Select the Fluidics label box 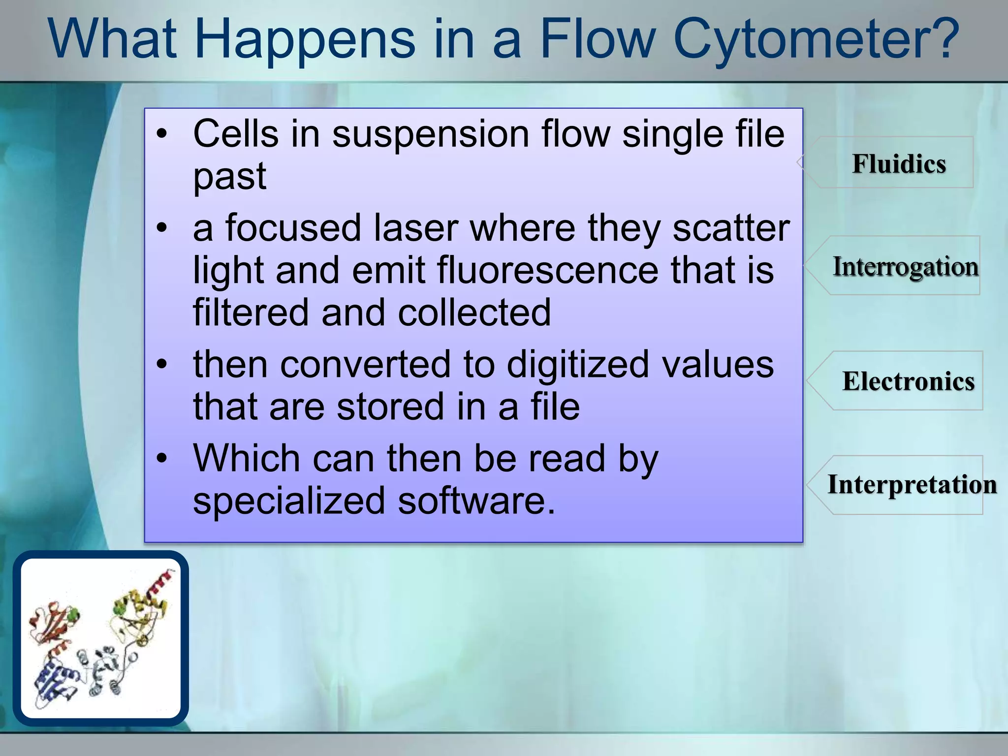899,163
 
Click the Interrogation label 905,266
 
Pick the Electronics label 908,381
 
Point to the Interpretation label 912,484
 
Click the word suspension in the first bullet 431,134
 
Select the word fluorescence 547,270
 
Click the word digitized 578,364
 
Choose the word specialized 289,501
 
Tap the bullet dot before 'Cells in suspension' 162,134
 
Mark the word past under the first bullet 229,176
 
